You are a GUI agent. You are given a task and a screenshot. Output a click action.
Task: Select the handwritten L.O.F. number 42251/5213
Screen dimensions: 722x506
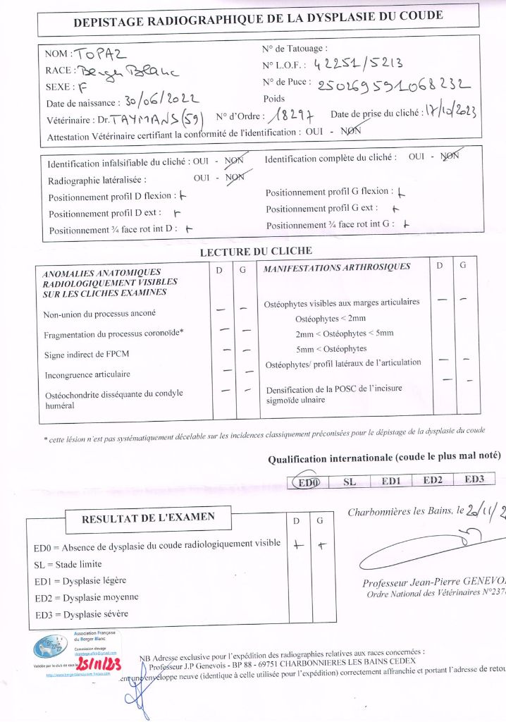pos(357,64)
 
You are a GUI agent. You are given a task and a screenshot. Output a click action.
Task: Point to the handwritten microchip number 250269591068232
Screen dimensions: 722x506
pos(394,85)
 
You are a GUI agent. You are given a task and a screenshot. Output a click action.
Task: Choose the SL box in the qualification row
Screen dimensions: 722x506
pos(349,482)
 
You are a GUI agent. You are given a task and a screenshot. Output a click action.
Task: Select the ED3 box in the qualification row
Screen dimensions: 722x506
pos(475,480)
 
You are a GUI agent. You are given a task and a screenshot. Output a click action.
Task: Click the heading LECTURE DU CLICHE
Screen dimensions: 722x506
pos(256,251)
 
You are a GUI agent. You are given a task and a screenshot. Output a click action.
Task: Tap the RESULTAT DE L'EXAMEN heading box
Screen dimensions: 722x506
pos(148,518)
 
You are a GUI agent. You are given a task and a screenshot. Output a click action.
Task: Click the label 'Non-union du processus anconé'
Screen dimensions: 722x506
pos(99,314)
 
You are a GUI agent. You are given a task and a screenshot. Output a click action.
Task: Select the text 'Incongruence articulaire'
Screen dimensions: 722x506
pos(87,374)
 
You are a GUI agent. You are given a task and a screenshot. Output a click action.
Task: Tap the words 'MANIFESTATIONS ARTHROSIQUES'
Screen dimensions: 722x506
pos(336,268)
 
